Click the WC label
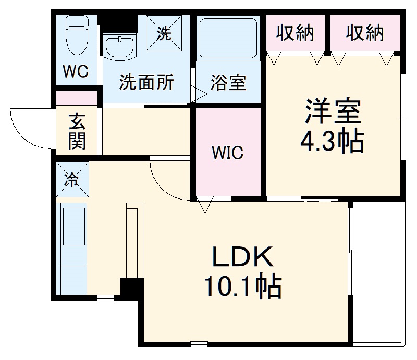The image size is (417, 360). click(x=76, y=72)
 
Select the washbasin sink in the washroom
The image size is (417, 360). click(x=120, y=47)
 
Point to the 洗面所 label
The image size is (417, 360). click(x=146, y=83)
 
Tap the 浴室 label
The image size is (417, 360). click(x=228, y=83)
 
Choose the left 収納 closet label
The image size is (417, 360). click(x=295, y=33)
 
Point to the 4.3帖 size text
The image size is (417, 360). click(x=332, y=141)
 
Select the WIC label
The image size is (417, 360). click(x=227, y=153)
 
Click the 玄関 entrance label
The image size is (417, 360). click(x=77, y=131)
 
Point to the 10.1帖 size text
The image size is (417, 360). click(x=242, y=287)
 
